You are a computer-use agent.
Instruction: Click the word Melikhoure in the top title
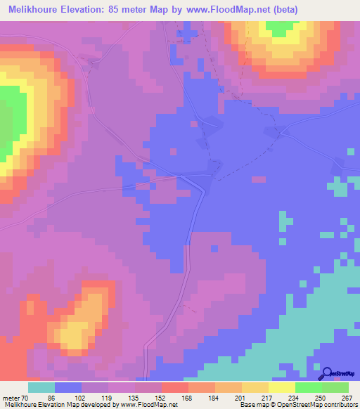pos(35,9)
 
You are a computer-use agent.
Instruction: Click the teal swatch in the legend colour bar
pos(41,387)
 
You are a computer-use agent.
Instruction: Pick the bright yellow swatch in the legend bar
pos(282,387)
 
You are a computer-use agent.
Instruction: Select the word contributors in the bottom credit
pos(336,405)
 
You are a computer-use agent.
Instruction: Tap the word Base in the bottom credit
pos(246,405)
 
